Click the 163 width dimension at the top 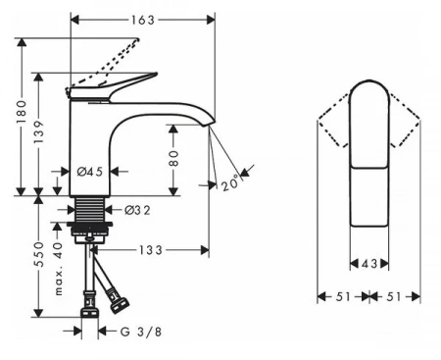[143, 21]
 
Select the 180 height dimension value [22, 112]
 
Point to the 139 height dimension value [39, 131]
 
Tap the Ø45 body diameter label [90, 172]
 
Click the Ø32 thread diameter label [137, 210]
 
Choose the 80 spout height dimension [174, 158]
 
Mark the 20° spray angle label [230, 183]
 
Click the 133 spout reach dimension [151, 250]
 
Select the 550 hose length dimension [39, 254]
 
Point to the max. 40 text [58, 269]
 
